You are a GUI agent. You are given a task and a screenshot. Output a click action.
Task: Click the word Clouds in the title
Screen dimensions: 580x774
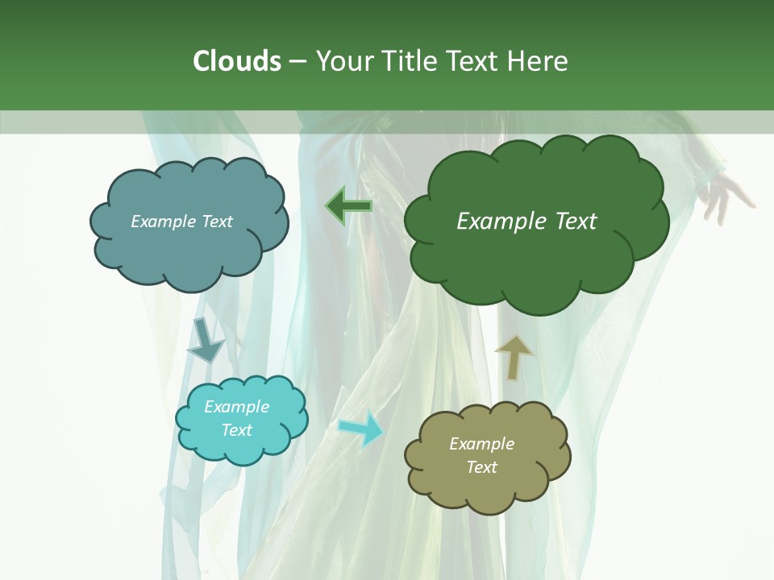click(x=237, y=61)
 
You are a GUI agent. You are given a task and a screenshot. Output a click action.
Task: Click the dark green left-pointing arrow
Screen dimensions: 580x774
click(x=349, y=206)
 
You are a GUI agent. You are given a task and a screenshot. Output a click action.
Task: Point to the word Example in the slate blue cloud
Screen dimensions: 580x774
click(x=164, y=222)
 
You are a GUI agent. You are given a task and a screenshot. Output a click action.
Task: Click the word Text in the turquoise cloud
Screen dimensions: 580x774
click(x=237, y=430)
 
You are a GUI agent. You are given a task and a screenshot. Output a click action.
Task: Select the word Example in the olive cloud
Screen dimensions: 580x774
click(x=481, y=444)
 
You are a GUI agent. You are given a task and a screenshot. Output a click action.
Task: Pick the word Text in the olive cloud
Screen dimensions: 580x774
click(x=481, y=467)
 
